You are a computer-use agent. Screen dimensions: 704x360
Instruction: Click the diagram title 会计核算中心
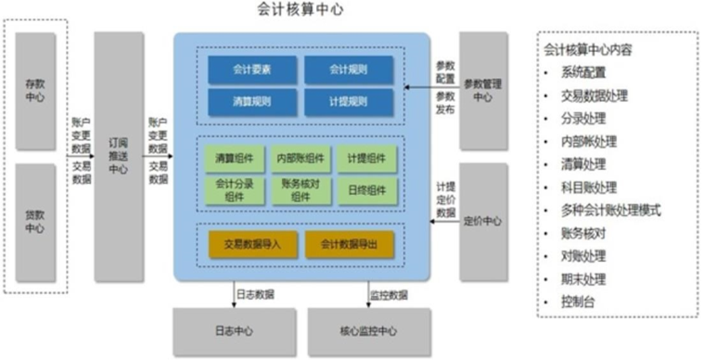[x=301, y=10]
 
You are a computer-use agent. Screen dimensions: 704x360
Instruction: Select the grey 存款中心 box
[x=35, y=91]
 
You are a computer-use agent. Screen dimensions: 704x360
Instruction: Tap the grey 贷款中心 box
[x=35, y=221]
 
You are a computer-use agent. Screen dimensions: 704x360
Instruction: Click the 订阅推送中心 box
[x=119, y=156]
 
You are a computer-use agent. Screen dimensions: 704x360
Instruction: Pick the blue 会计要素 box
[x=252, y=70]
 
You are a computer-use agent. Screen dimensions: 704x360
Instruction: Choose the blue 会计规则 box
[x=349, y=70]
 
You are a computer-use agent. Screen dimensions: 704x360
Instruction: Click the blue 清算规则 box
[x=252, y=100]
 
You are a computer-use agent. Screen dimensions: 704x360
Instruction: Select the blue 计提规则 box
[x=349, y=100]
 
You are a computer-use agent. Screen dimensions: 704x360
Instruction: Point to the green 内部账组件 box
[x=299, y=159]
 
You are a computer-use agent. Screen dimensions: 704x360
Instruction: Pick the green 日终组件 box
[x=367, y=189]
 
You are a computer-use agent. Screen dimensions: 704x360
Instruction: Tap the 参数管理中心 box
[x=483, y=90]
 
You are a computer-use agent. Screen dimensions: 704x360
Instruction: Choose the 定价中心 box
[x=483, y=221]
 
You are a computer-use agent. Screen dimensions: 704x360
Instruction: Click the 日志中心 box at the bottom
[x=234, y=330]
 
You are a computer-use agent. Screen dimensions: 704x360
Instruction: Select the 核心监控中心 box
[x=369, y=330]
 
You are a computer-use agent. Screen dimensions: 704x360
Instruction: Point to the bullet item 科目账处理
[x=583, y=186]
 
